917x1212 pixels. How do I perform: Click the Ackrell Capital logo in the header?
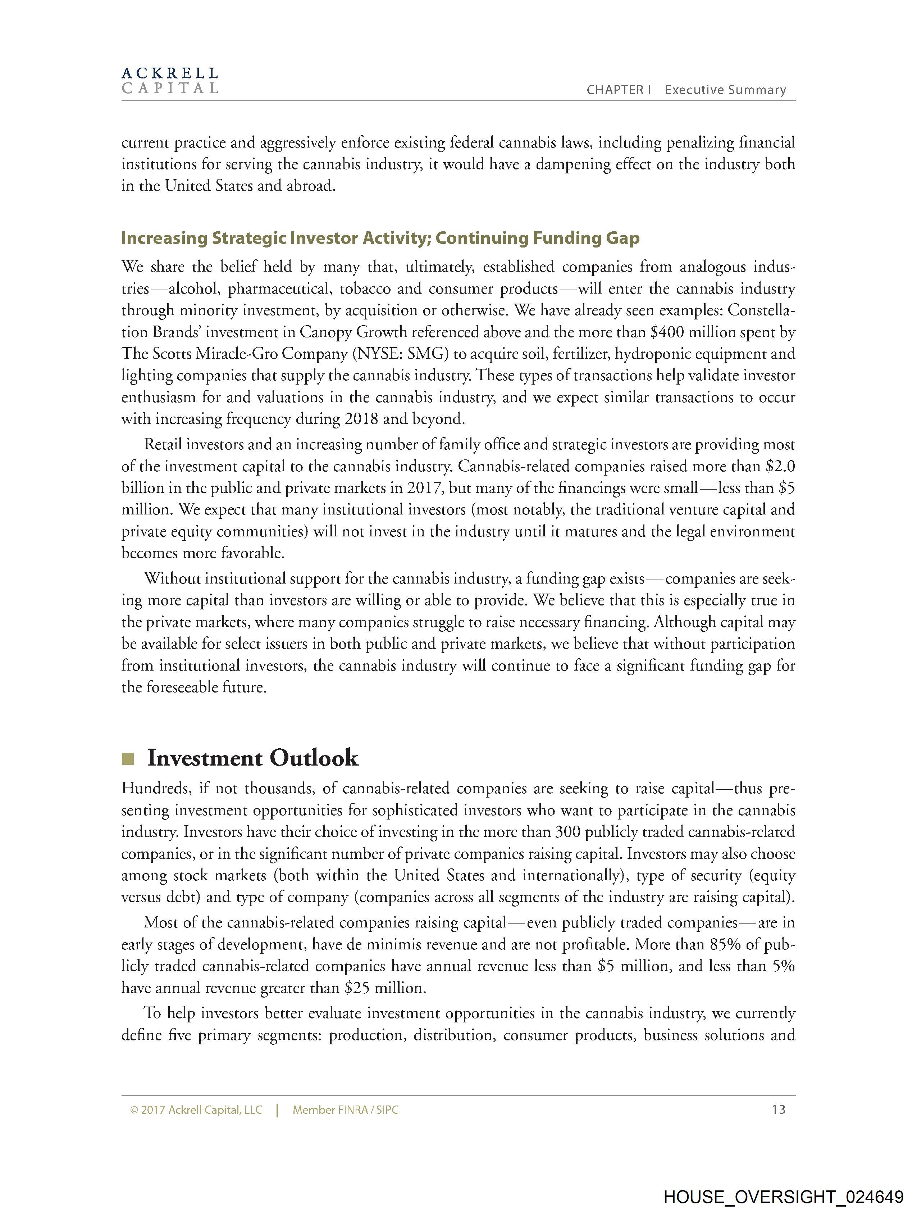[170, 81]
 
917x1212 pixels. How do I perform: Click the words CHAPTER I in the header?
[618, 90]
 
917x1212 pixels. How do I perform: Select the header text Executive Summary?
[725, 90]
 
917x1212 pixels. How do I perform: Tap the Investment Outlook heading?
[252, 758]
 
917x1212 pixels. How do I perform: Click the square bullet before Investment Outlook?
[128, 759]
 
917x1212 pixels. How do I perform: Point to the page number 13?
[778, 1109]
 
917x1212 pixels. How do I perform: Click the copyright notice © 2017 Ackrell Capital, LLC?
[196, 1110]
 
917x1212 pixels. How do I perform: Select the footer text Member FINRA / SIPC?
[345, 1110]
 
